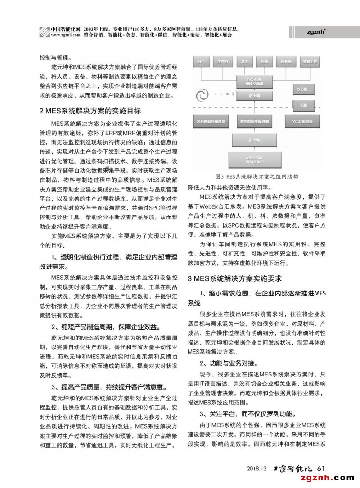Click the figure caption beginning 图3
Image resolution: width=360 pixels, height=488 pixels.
point(257,177)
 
